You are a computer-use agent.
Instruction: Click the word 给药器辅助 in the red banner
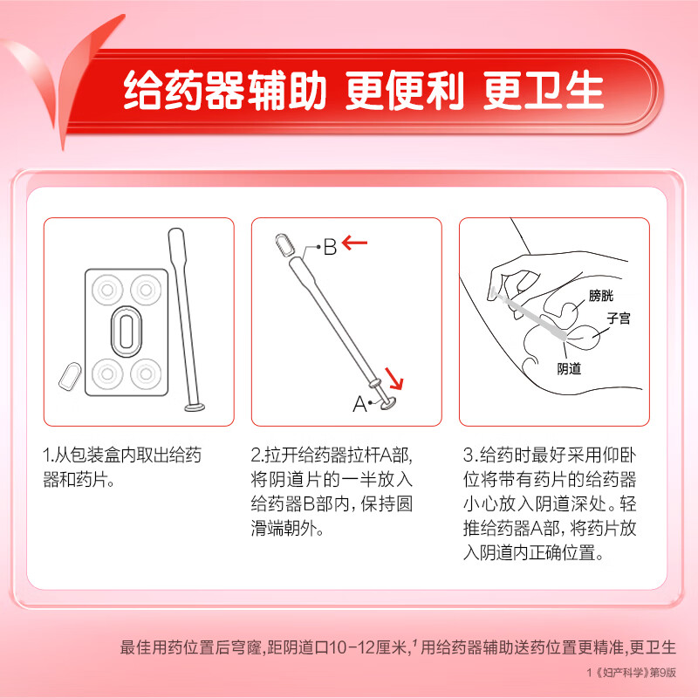[x=225, y=90]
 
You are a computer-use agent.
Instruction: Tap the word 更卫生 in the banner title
[x=553, y=90]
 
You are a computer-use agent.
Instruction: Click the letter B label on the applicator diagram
[x=330, y=248]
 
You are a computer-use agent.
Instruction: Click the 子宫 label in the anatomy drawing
[x=618, y=319]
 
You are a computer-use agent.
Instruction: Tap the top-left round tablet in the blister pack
[x=108, y=289]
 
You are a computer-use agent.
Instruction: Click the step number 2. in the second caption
[x=257, y=455]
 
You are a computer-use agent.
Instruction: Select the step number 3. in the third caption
[x=469, y=455]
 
